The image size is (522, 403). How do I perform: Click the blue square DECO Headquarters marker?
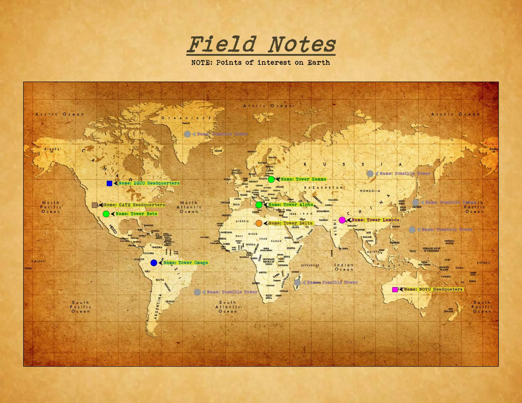109,183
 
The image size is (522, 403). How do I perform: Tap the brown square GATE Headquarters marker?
95,205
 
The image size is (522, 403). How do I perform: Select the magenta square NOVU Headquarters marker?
395,289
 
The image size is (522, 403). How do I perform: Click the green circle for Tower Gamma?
271,179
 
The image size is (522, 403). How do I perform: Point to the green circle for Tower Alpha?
259,205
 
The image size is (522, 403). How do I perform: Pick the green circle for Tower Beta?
106,214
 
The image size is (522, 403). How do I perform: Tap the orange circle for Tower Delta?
259,223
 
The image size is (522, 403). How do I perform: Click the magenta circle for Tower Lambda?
342,220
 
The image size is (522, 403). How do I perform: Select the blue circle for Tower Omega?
154,263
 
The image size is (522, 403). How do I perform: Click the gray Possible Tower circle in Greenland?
187,134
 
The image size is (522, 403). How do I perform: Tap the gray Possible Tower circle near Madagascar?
297,283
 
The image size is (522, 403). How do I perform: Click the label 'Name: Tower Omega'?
186,263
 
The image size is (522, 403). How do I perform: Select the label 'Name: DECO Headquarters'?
149,183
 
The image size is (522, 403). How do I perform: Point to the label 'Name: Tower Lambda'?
375,220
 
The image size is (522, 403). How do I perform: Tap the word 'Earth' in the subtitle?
319,63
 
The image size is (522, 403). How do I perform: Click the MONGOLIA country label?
370,191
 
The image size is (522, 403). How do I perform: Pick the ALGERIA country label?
242,221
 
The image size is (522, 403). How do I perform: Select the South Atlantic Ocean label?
228,307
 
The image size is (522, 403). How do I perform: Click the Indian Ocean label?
344,267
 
